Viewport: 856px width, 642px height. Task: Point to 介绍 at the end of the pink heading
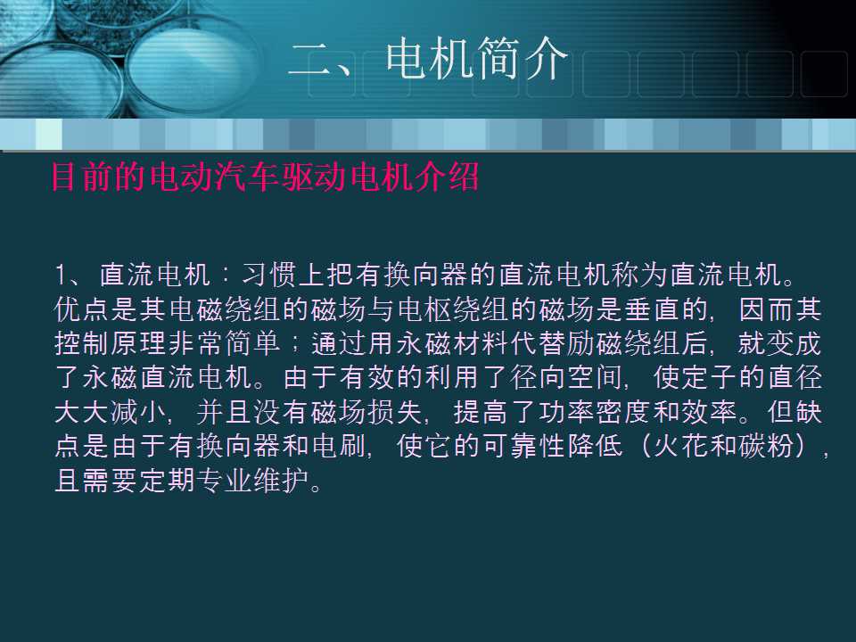click(x=454, y=177)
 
